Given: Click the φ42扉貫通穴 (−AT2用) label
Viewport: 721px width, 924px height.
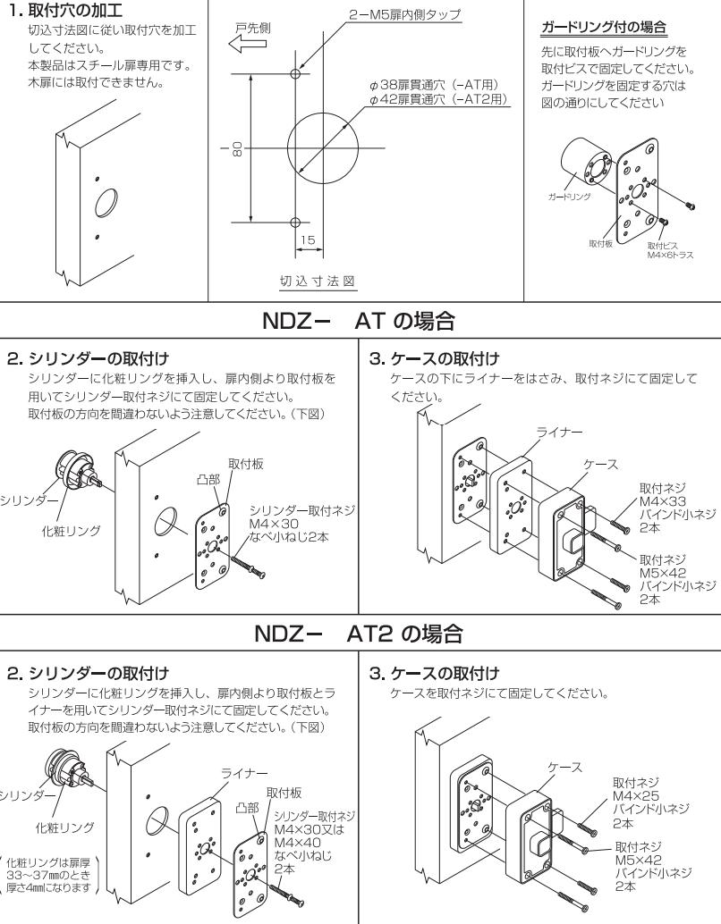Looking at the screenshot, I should pyautogui.click(x=440, y=99).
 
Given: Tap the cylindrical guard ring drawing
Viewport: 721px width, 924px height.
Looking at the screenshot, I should pyautogui.click(x=583, y=164).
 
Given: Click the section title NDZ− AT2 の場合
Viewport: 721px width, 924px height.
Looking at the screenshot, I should pyautogui.click(x=360, y=609).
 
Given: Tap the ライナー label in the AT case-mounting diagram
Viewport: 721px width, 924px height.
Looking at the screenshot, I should pyautogui.click(x=555, y=431).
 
